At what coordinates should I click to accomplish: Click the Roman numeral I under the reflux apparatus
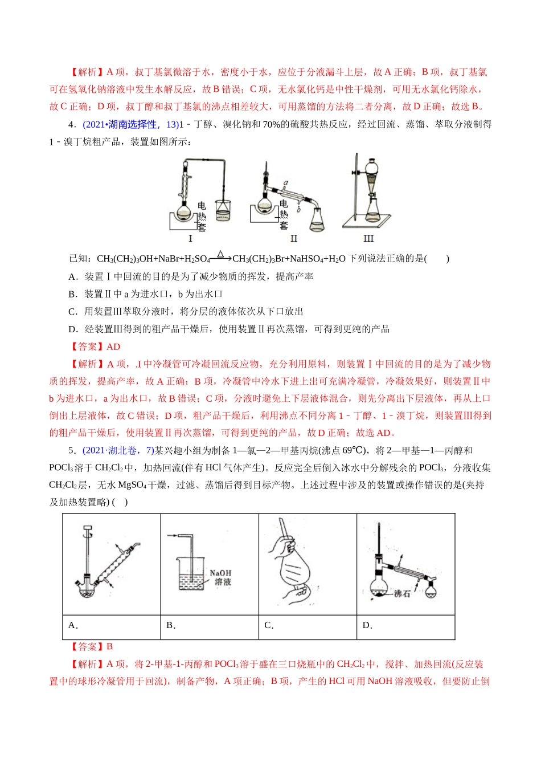click(x=190, y=238)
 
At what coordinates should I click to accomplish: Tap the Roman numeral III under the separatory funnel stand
click(x=368, y=238)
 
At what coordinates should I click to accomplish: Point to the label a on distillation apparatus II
click(x=286, y=183)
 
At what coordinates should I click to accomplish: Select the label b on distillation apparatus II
click(x=298, y=209)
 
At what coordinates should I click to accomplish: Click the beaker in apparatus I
click(x=224, y=210)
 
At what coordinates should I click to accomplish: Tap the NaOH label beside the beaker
click(x=220, y=573)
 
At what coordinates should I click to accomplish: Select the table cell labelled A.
click(x=73, y=625)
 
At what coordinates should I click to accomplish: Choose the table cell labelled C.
click(x=269, y=625)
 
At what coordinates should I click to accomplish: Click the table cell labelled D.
click(x=367, y=625)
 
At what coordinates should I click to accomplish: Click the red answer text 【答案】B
click(x=91, y=646)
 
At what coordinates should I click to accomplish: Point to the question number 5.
click(x=71, y=450)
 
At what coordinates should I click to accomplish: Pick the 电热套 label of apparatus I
click(x=202, y=217)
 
